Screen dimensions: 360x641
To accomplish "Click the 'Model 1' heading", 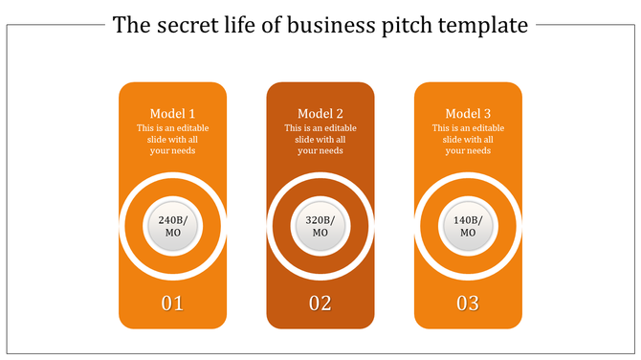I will (172, 114).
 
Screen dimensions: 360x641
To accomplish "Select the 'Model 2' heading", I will (320, 114).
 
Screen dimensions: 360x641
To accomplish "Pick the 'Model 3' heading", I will (468, 114).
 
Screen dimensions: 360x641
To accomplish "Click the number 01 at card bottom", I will (172, 304).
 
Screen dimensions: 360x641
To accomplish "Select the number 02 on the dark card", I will (320, 304).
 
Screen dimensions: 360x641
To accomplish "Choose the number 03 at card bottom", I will (468, 304).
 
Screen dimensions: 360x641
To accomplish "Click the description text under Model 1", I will (172, 139).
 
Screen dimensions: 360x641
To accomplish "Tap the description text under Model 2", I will (320, 139).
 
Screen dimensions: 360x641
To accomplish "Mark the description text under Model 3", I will (468, 139).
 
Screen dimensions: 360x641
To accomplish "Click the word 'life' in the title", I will (235, 26).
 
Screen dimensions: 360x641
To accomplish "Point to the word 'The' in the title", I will (129, 26).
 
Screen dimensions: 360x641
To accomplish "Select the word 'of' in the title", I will (270, 26).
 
